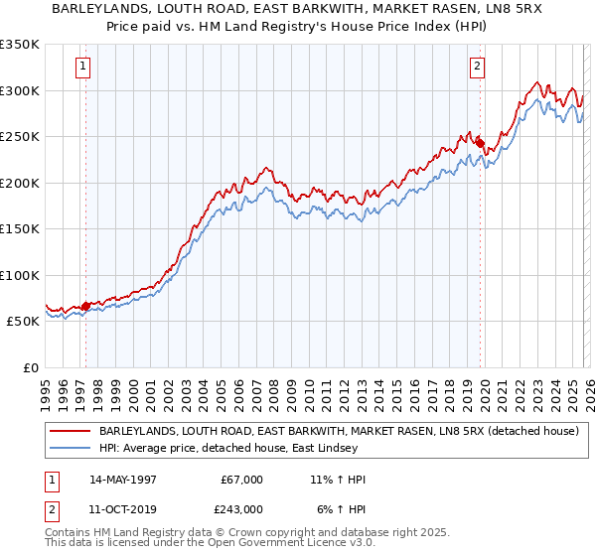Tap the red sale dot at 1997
pyautogui.click(x=85, y=306)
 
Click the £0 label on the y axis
pyautogui.click(x=30, y=367)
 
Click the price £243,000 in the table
pyautogui.click(x=242, y=509)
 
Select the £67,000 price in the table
pyautogui.click(x=242, y=480)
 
